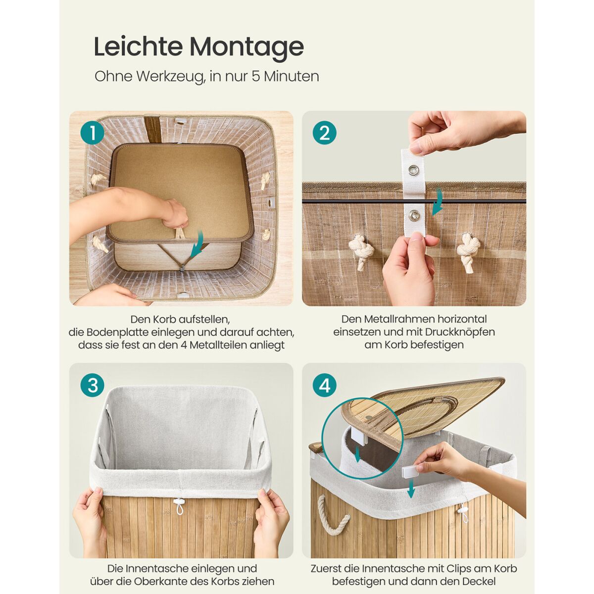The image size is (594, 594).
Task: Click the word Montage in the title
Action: (247, 47)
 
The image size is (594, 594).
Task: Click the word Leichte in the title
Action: (138, 46)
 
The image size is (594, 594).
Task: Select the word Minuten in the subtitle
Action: (291, 76)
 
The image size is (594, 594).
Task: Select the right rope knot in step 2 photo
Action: (469, 251)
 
